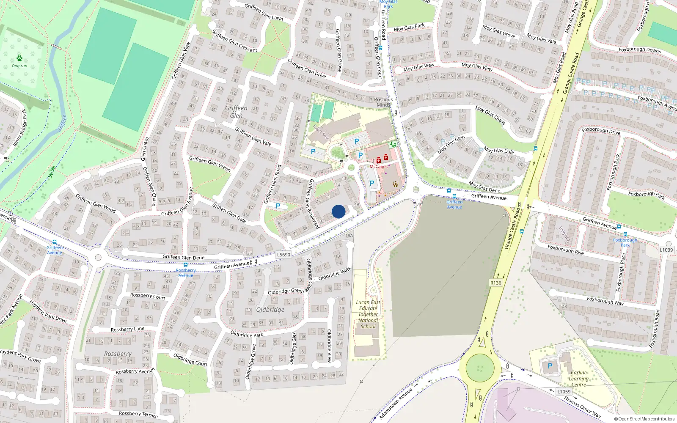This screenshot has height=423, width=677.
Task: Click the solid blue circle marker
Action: coord(338,211)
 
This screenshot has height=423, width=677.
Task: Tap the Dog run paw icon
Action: coord(19,58)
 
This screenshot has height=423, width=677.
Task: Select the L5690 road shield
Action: coord(283,255)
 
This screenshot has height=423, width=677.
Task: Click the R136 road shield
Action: coord(495,283)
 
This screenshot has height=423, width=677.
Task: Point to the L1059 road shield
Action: coord(564,392)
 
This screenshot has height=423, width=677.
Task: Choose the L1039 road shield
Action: coord(666,250)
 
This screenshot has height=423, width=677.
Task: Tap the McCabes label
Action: coord(378,167)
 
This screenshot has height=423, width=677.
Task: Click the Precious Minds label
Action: coord(383,102)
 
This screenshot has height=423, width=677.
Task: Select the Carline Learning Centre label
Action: coord(578,379)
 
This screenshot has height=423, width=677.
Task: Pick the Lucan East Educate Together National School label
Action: coord(368,314)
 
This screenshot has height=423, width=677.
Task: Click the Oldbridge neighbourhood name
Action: coord(270,310)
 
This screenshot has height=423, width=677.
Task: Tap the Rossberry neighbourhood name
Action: coord(118,354)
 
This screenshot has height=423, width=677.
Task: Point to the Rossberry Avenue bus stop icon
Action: coord(185,265)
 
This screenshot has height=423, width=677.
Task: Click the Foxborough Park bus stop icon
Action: coord(625,234)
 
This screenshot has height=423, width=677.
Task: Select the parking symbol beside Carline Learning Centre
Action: coord(550,366)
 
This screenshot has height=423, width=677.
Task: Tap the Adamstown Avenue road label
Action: coord(396,404)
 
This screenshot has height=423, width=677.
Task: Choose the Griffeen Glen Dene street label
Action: coord(183,257)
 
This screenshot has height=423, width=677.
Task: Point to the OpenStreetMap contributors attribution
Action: coord(644,419)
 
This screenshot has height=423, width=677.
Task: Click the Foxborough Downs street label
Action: coord(639,49)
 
